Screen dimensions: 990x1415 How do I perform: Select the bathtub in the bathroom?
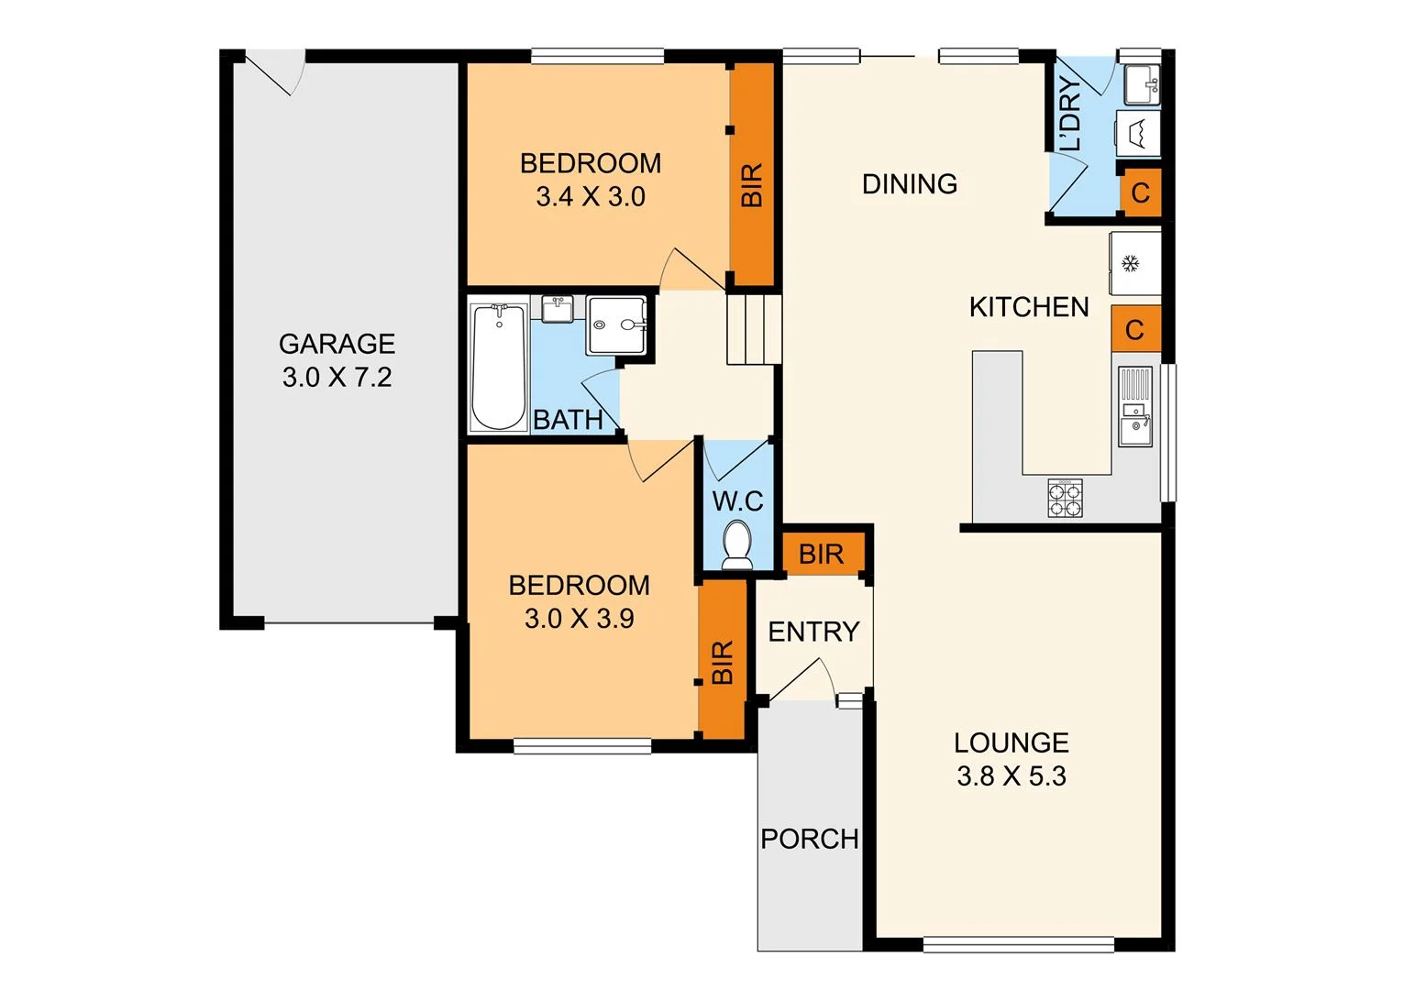(x=498, y=368)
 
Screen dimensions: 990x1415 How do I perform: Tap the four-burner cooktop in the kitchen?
(x=1065, y=498)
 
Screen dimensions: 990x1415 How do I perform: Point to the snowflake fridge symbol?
(x=1133, y=264)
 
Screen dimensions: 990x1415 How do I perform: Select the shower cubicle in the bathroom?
(x=617, y=324)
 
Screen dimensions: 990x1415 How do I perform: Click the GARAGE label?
(x=337, y=344)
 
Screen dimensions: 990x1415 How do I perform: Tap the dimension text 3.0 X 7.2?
(x=337, y=378)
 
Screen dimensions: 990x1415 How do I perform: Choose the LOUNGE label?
(x=1011, y=742)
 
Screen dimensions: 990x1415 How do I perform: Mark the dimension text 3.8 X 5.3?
(x=1011, y=776)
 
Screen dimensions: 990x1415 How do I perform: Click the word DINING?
(x=909, y=184)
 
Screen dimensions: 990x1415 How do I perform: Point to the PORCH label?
(x=809, y=839)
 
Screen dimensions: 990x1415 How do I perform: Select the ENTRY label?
(x=813, y=632)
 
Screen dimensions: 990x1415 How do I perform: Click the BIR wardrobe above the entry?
(x=821, y=554)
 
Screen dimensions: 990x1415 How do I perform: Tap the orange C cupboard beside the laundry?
(x=1140, y=193)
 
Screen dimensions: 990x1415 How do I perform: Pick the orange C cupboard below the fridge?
(x=1134, y=329)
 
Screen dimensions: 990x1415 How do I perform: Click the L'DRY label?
(x=1070, y=115)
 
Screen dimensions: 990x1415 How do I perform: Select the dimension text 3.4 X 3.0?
(x=590, y=197)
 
